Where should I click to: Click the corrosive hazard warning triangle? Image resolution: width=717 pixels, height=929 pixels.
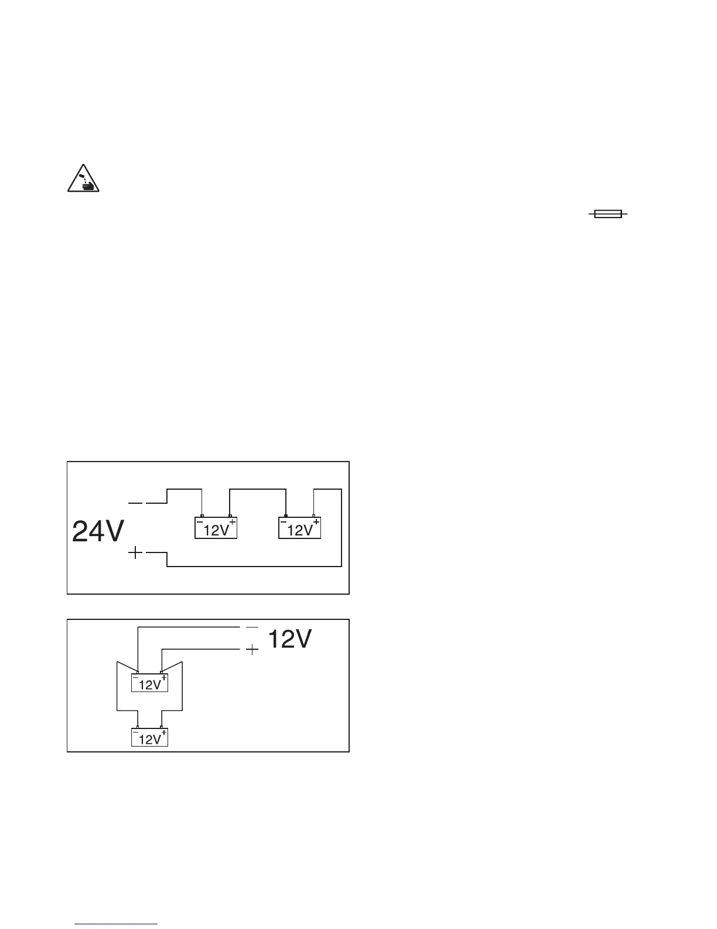pos(81,179)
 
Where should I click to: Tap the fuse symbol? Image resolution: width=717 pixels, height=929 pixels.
pos(607,215)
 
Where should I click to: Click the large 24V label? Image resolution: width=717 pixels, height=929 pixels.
pos(98,532)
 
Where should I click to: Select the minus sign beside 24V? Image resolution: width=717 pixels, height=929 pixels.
pos(135,503)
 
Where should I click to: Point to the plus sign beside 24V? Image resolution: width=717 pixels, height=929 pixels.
pos(135,552)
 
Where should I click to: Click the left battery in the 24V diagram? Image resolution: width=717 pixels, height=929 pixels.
pos(216,528)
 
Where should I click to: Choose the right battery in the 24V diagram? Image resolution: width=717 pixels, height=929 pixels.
pos(299,528)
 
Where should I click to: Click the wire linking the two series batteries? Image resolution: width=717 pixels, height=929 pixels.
pos(258,488)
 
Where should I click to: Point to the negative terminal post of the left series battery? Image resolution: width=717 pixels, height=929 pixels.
pos(202,516)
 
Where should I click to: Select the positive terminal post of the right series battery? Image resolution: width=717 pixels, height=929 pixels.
pos(313,516)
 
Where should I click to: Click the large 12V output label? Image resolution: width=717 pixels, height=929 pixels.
pos(289,639)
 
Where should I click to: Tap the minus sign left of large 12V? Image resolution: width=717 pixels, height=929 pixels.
pos(252,627)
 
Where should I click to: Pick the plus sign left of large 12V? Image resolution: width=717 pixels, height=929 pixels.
pos(252,650)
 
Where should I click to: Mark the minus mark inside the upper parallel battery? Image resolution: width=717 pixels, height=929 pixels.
pos(136,678)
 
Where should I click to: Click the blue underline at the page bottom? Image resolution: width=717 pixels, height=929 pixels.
pos(117,924)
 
